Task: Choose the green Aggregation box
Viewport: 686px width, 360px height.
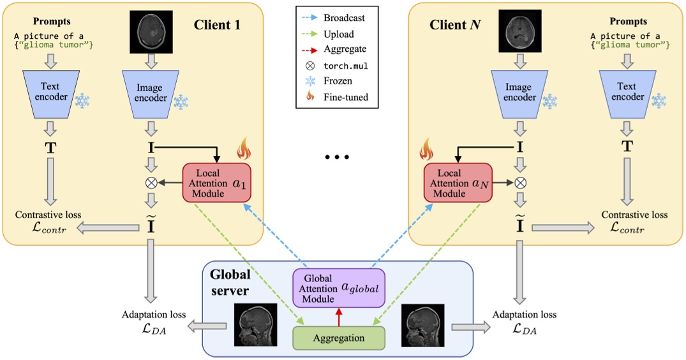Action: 339,338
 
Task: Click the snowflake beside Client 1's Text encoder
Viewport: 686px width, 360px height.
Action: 83,101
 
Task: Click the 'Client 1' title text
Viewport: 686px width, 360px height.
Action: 221,26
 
